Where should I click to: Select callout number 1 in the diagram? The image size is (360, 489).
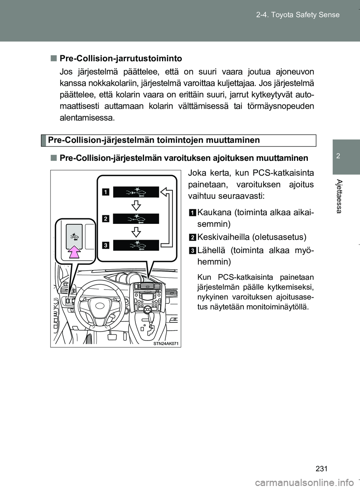[x=106, y=192]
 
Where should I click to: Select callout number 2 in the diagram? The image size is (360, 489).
[x=106, y=218]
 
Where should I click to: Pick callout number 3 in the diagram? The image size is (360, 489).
[x=106, y=245]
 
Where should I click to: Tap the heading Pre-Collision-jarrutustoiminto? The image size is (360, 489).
[x=121, y=58]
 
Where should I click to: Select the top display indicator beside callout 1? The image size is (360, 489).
[x=136, y=192]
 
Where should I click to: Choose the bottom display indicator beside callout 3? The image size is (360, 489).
[x=136, y=245]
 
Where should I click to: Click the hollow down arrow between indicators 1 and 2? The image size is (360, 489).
[x=136, y=205]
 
